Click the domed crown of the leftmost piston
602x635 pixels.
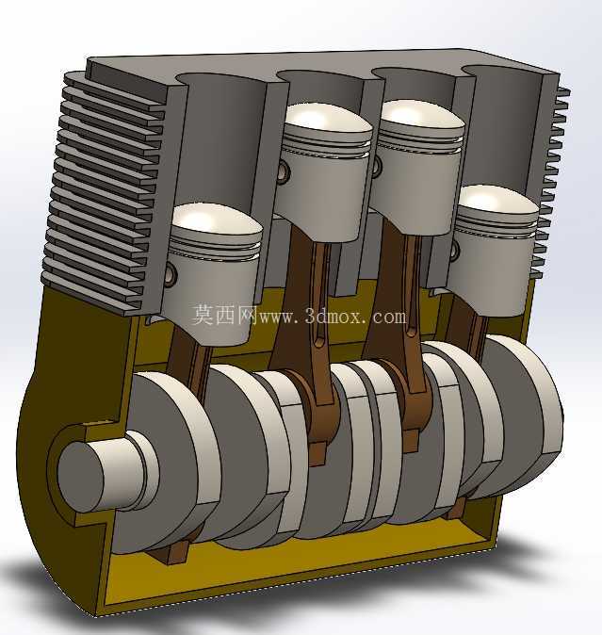pos(216,221)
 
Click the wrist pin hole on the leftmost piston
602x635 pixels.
pos(172,271)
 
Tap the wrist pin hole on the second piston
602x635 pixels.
pos(285,171)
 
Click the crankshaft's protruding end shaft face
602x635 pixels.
pos(80,477)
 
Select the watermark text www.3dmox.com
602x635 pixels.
pos(333,317)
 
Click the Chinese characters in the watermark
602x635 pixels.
pos(224,315)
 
